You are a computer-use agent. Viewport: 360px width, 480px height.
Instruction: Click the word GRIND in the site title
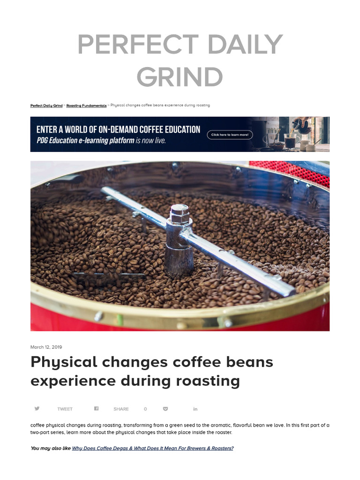(x=180, y=77)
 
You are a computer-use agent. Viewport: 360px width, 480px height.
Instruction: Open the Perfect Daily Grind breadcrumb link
(x=46, y=105)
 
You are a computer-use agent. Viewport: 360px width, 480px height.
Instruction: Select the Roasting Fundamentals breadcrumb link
(x=86, y=105)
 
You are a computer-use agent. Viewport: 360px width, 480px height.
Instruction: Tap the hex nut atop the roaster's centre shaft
(x=180, y=214)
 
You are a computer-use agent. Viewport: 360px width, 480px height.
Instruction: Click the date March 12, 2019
(x=46, y=347)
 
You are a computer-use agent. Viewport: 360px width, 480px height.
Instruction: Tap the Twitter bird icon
(x=37, y=409)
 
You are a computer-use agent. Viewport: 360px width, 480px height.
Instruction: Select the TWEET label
(x=65, y=409)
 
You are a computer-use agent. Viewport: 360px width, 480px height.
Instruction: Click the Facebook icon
(x=96, y=409)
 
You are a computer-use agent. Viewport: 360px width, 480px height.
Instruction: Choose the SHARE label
(x=121, y=409)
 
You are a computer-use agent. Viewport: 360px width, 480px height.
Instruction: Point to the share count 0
(x=145, y=409)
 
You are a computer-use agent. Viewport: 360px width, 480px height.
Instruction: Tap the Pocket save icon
(x=165, y=409)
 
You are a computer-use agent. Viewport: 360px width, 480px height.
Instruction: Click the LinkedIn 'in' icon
(x=195, y=409)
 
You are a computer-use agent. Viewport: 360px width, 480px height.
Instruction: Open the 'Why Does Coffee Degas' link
(x=152, y=449)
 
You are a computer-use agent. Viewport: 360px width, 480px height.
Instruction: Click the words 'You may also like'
(x=51, y=449)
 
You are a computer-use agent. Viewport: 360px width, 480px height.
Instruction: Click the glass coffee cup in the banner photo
(x=290, y=141)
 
